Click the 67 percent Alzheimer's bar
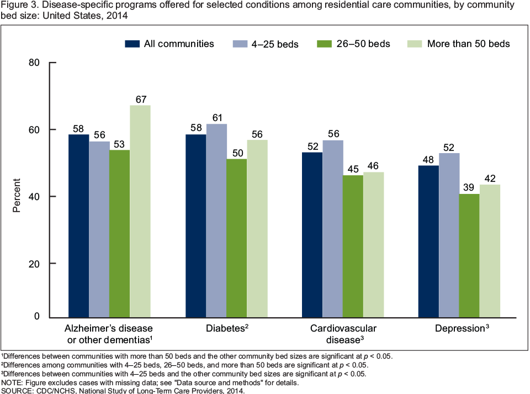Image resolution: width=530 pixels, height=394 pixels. [x=140, y=211]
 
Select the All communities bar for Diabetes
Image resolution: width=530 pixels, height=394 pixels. [x=195, y=225]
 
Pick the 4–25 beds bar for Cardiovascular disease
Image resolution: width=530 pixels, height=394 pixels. [x=333, y=228]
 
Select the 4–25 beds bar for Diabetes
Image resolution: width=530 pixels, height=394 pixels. [x=216, y=220]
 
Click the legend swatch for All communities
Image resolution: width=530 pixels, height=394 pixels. [x=132, y=44]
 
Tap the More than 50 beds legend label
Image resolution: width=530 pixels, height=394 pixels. [x=468, y=44]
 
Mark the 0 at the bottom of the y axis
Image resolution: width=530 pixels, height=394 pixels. [x=38, y=317]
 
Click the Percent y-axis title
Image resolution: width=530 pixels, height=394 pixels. [x=17, y=195]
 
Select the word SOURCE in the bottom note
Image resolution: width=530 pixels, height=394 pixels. [x=17, y=390]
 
